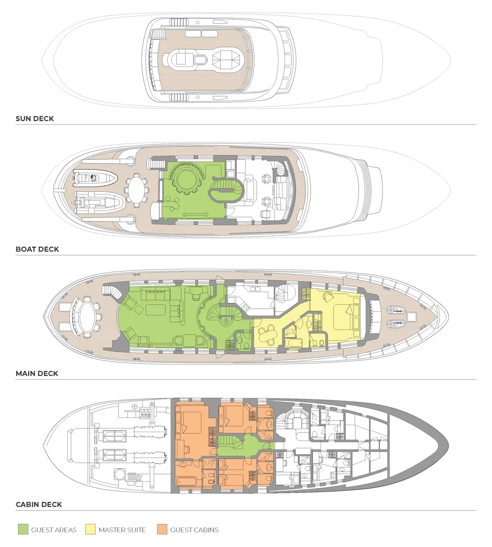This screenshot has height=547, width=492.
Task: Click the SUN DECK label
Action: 34,119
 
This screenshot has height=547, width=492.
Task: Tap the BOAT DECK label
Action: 37,249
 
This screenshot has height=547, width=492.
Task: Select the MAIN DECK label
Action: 37,373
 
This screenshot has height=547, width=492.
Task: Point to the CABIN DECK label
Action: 39,504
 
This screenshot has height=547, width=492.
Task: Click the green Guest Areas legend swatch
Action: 23,529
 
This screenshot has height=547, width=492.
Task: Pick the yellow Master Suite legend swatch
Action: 90,529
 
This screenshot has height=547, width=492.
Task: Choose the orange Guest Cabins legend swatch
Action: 162,529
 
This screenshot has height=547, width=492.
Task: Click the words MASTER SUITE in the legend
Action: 122,529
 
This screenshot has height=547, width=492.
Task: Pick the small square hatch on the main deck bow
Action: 412,316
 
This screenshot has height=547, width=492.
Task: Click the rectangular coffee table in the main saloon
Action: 156,310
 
